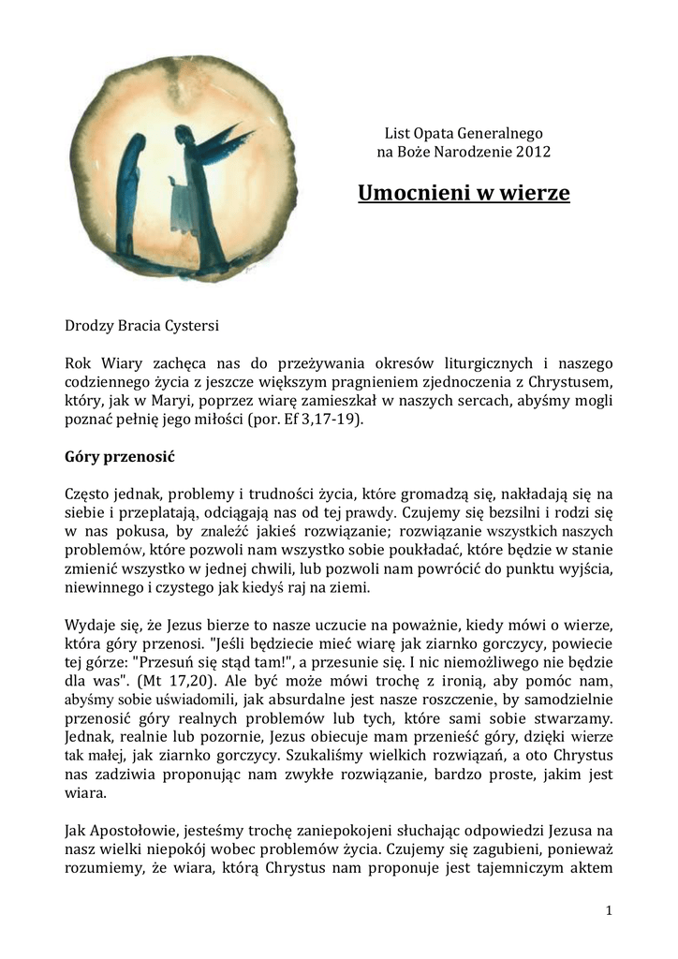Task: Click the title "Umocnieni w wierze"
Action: [x=464, y=193]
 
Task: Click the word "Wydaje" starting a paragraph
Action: [x=90, y=625]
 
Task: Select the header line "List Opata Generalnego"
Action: [x=464, y=133]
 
